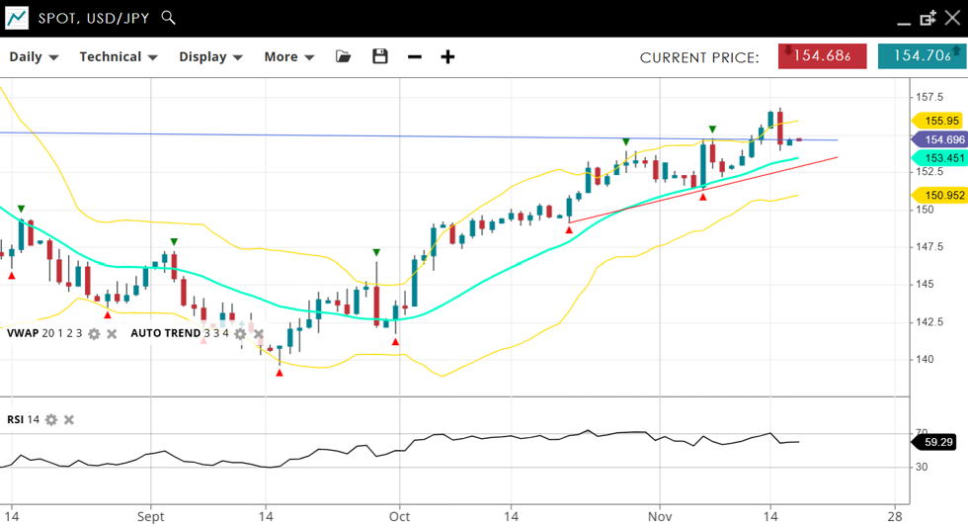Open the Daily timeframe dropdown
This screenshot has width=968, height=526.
click(x=34, y=57)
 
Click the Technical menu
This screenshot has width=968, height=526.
click(x=119, y=57)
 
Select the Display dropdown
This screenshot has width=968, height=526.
click(x=210, y=57)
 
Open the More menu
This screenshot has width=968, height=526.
click(x=288, y=57)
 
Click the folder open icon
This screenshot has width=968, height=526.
click(x=344, y=57)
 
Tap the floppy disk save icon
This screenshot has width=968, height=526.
click(x=380, y=57)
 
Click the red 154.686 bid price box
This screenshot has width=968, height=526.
click(x=822, y=56)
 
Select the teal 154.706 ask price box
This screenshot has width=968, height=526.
click(x=921, y=56)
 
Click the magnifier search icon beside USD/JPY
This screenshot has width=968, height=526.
click(x=168, y=18)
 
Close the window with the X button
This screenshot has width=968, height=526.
click(x=952, y=18)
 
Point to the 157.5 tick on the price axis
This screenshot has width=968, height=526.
click(x=930, y=97)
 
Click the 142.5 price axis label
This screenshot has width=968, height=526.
click(x=930, y=321)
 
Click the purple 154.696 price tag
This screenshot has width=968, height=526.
click(x=939, y=140)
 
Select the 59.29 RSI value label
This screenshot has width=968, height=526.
click(x=939, y=442)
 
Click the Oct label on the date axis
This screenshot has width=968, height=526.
click(x=399, y=516)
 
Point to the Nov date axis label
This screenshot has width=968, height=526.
click(x=660, y=516)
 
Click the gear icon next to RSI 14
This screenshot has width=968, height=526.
click(x=51, y=420)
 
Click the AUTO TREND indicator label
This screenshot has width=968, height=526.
click(x=165, y=333)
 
